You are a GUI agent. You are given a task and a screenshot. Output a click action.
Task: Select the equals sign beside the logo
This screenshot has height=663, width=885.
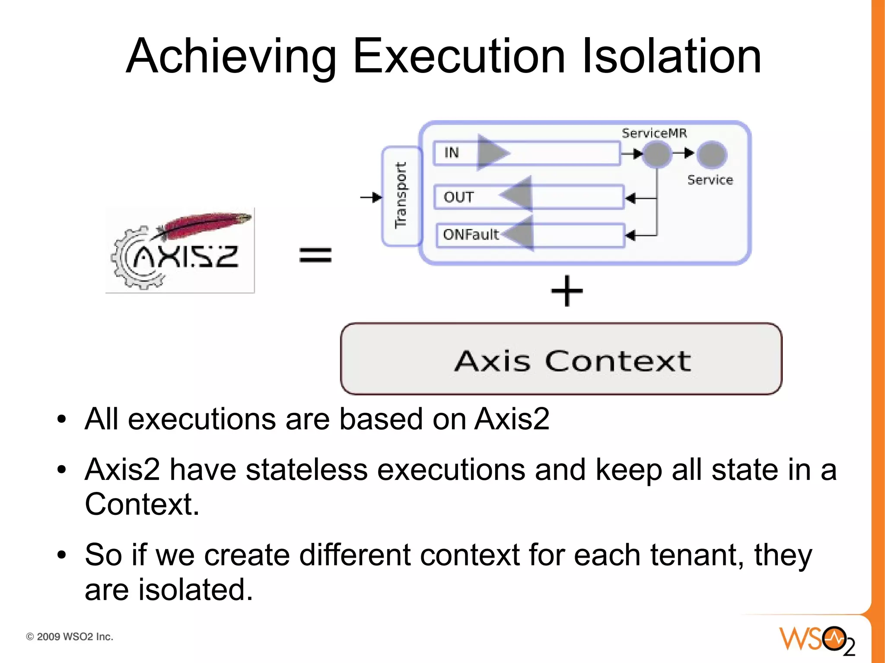point(315,254)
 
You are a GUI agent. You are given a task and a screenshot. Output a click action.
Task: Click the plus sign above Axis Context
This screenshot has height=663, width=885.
point(567,291)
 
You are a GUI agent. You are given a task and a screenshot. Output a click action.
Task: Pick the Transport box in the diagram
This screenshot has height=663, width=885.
point(401,196)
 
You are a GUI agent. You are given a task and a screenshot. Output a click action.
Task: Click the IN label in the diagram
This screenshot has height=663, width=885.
point(452,152)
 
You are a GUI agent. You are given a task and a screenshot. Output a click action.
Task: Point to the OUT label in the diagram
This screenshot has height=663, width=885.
point(458,197)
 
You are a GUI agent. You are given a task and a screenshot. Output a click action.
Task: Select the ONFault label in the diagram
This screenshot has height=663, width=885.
point(471,235)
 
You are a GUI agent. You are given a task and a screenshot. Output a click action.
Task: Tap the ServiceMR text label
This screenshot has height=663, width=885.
point(654,133)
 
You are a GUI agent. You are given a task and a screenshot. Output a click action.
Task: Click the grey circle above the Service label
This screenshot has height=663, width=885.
point(712,154)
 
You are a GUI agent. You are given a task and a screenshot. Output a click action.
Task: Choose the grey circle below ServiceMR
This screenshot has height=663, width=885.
point(657,154)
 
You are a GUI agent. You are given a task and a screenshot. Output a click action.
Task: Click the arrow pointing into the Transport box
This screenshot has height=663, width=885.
point(371,197)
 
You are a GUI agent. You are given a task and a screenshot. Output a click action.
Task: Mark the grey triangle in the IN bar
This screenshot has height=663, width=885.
point(492,152)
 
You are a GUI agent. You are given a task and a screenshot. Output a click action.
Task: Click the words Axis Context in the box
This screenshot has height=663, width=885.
point(573,361)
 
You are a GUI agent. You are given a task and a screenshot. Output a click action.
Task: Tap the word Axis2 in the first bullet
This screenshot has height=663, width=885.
point(512,419)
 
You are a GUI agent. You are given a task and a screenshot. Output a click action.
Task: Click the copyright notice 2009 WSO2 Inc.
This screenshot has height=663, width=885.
point(70,637)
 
